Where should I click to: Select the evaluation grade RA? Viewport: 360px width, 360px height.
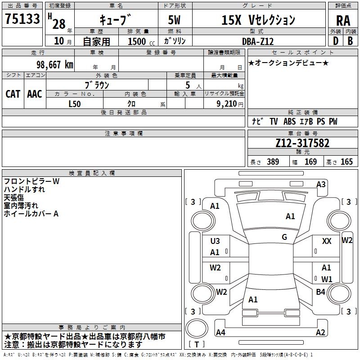pyautogui.click(x=343, y=21)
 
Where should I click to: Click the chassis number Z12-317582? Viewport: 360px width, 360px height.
pyautogui.click(x=302, y=143)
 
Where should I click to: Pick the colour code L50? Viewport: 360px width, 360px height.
pyautogui.click(x=74, y=103)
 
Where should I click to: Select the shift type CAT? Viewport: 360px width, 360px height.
pyautogui.click(x=13, y=94)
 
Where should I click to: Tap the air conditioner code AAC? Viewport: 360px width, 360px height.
pyautogui.click(x=35, y=94)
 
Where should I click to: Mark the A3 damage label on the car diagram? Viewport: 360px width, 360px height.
pyautogui.click(x=321, y=184)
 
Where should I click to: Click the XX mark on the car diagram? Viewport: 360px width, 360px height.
pyautogui.click(x=327, y=242)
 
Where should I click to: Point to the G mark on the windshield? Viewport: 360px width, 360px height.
pyautogui.click(x=284, y=237)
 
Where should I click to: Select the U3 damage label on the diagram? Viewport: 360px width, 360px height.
pyautogui.click(x=215, y=241)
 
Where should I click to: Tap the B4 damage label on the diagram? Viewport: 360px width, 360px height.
pyautogui.click(x=320, y=292)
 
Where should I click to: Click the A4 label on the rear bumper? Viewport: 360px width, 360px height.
pyautogui.click(x=220, y=333)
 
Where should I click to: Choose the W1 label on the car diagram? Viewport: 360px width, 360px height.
pyautogui.click(x=327, y=279)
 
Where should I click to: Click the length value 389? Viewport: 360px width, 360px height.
pyautogui.click(x=272, y=162)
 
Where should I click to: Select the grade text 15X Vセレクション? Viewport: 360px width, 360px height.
pyautogui.click(x=258, y=20)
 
